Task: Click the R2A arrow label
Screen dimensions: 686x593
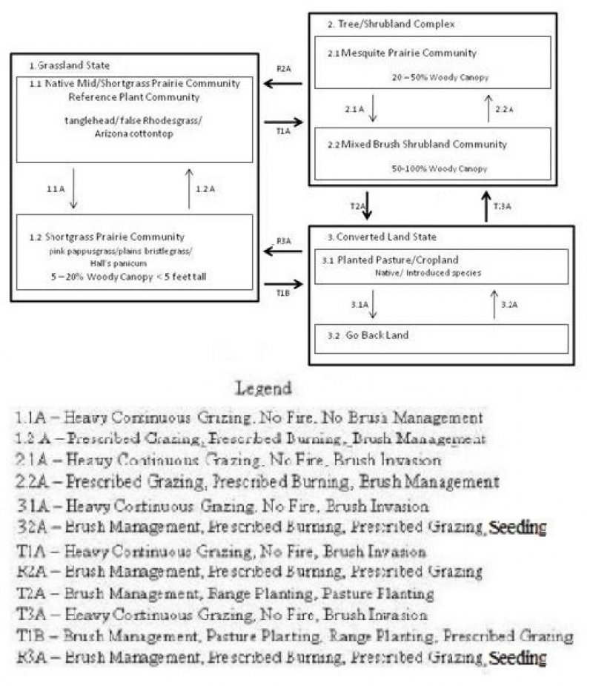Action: tap(283, 69)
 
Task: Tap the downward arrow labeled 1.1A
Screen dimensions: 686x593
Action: tap(72, 188)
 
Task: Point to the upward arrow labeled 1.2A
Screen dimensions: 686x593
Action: tap(190, 188)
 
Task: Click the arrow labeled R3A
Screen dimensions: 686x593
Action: tap(283, 251)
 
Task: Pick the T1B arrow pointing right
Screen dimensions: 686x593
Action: tap(283, 283)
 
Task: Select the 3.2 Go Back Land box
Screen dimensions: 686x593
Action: tap(440, 337)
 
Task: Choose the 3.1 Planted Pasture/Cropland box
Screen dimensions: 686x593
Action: tap(440, 266)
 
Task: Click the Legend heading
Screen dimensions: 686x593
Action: tap(263, 388)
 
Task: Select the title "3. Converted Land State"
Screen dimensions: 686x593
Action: tap(382, 237)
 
